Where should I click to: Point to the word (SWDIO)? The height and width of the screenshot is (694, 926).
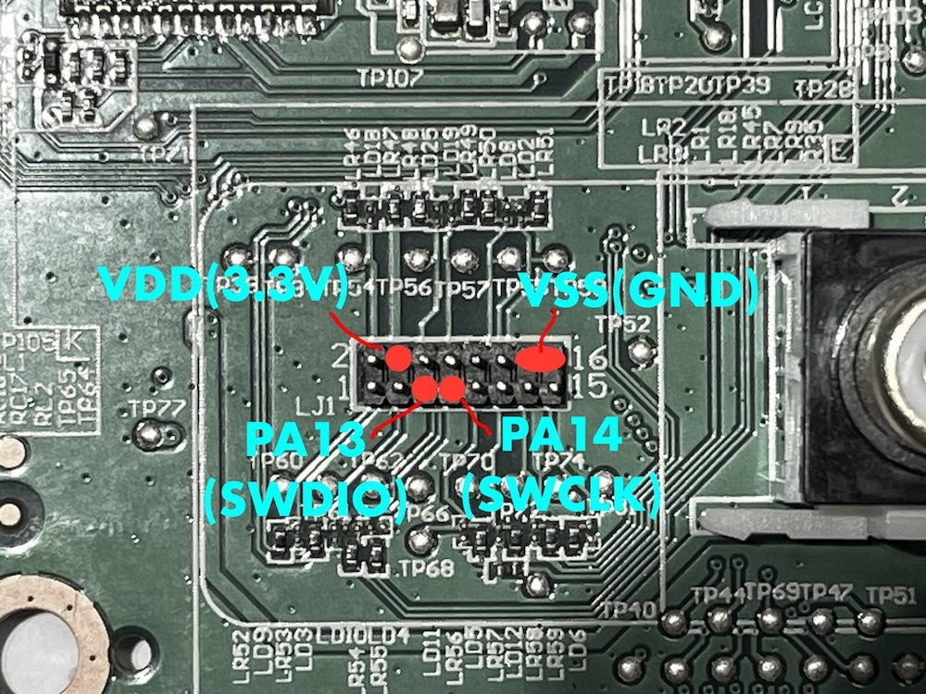tap(305, 501)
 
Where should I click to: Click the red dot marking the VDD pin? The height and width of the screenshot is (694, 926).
tap(398, 357)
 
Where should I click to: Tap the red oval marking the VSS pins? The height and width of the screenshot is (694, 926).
tap(540, 358)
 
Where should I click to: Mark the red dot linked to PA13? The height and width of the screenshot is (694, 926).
tap(424, 389)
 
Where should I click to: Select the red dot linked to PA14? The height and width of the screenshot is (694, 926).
tap(452, 389)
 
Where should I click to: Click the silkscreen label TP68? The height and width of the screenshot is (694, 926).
tap(421, 566)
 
